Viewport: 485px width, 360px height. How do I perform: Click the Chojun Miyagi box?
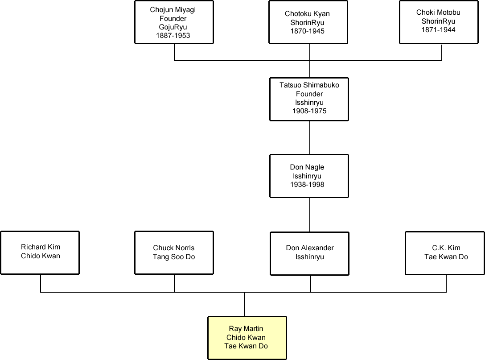[x=173, y=22]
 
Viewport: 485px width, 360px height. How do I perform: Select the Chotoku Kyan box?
[x=308, y=22]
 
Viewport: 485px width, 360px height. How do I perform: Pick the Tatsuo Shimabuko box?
[x=309, y=99]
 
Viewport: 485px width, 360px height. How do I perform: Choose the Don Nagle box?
[x=309, y=176]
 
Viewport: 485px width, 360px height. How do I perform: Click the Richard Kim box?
[x=40, y=252]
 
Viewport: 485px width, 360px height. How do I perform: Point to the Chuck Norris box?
[x=174, y=252]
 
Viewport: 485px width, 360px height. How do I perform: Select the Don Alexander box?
[x=310, y=253]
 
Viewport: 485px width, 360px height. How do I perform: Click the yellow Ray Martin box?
[x=247, y=338]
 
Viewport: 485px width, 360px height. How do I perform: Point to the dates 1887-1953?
[x=173, y=35]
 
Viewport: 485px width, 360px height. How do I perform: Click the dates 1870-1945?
[x=308, y=31]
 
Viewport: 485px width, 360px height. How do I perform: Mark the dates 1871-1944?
[x=438, y=30]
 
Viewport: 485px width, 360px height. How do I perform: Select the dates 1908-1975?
[x=309, y=111]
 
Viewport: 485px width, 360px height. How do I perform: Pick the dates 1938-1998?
[x=307, y=184]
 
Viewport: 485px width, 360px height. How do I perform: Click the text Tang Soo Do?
[x=174, y=257]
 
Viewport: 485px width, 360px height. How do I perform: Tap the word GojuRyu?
[x=173, y=27]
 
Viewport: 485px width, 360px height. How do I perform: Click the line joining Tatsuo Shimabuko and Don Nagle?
[x=310, y=137]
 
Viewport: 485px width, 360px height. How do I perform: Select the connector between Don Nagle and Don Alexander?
[x=310, y=215]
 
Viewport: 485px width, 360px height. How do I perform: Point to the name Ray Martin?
[x=246, y=329]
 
